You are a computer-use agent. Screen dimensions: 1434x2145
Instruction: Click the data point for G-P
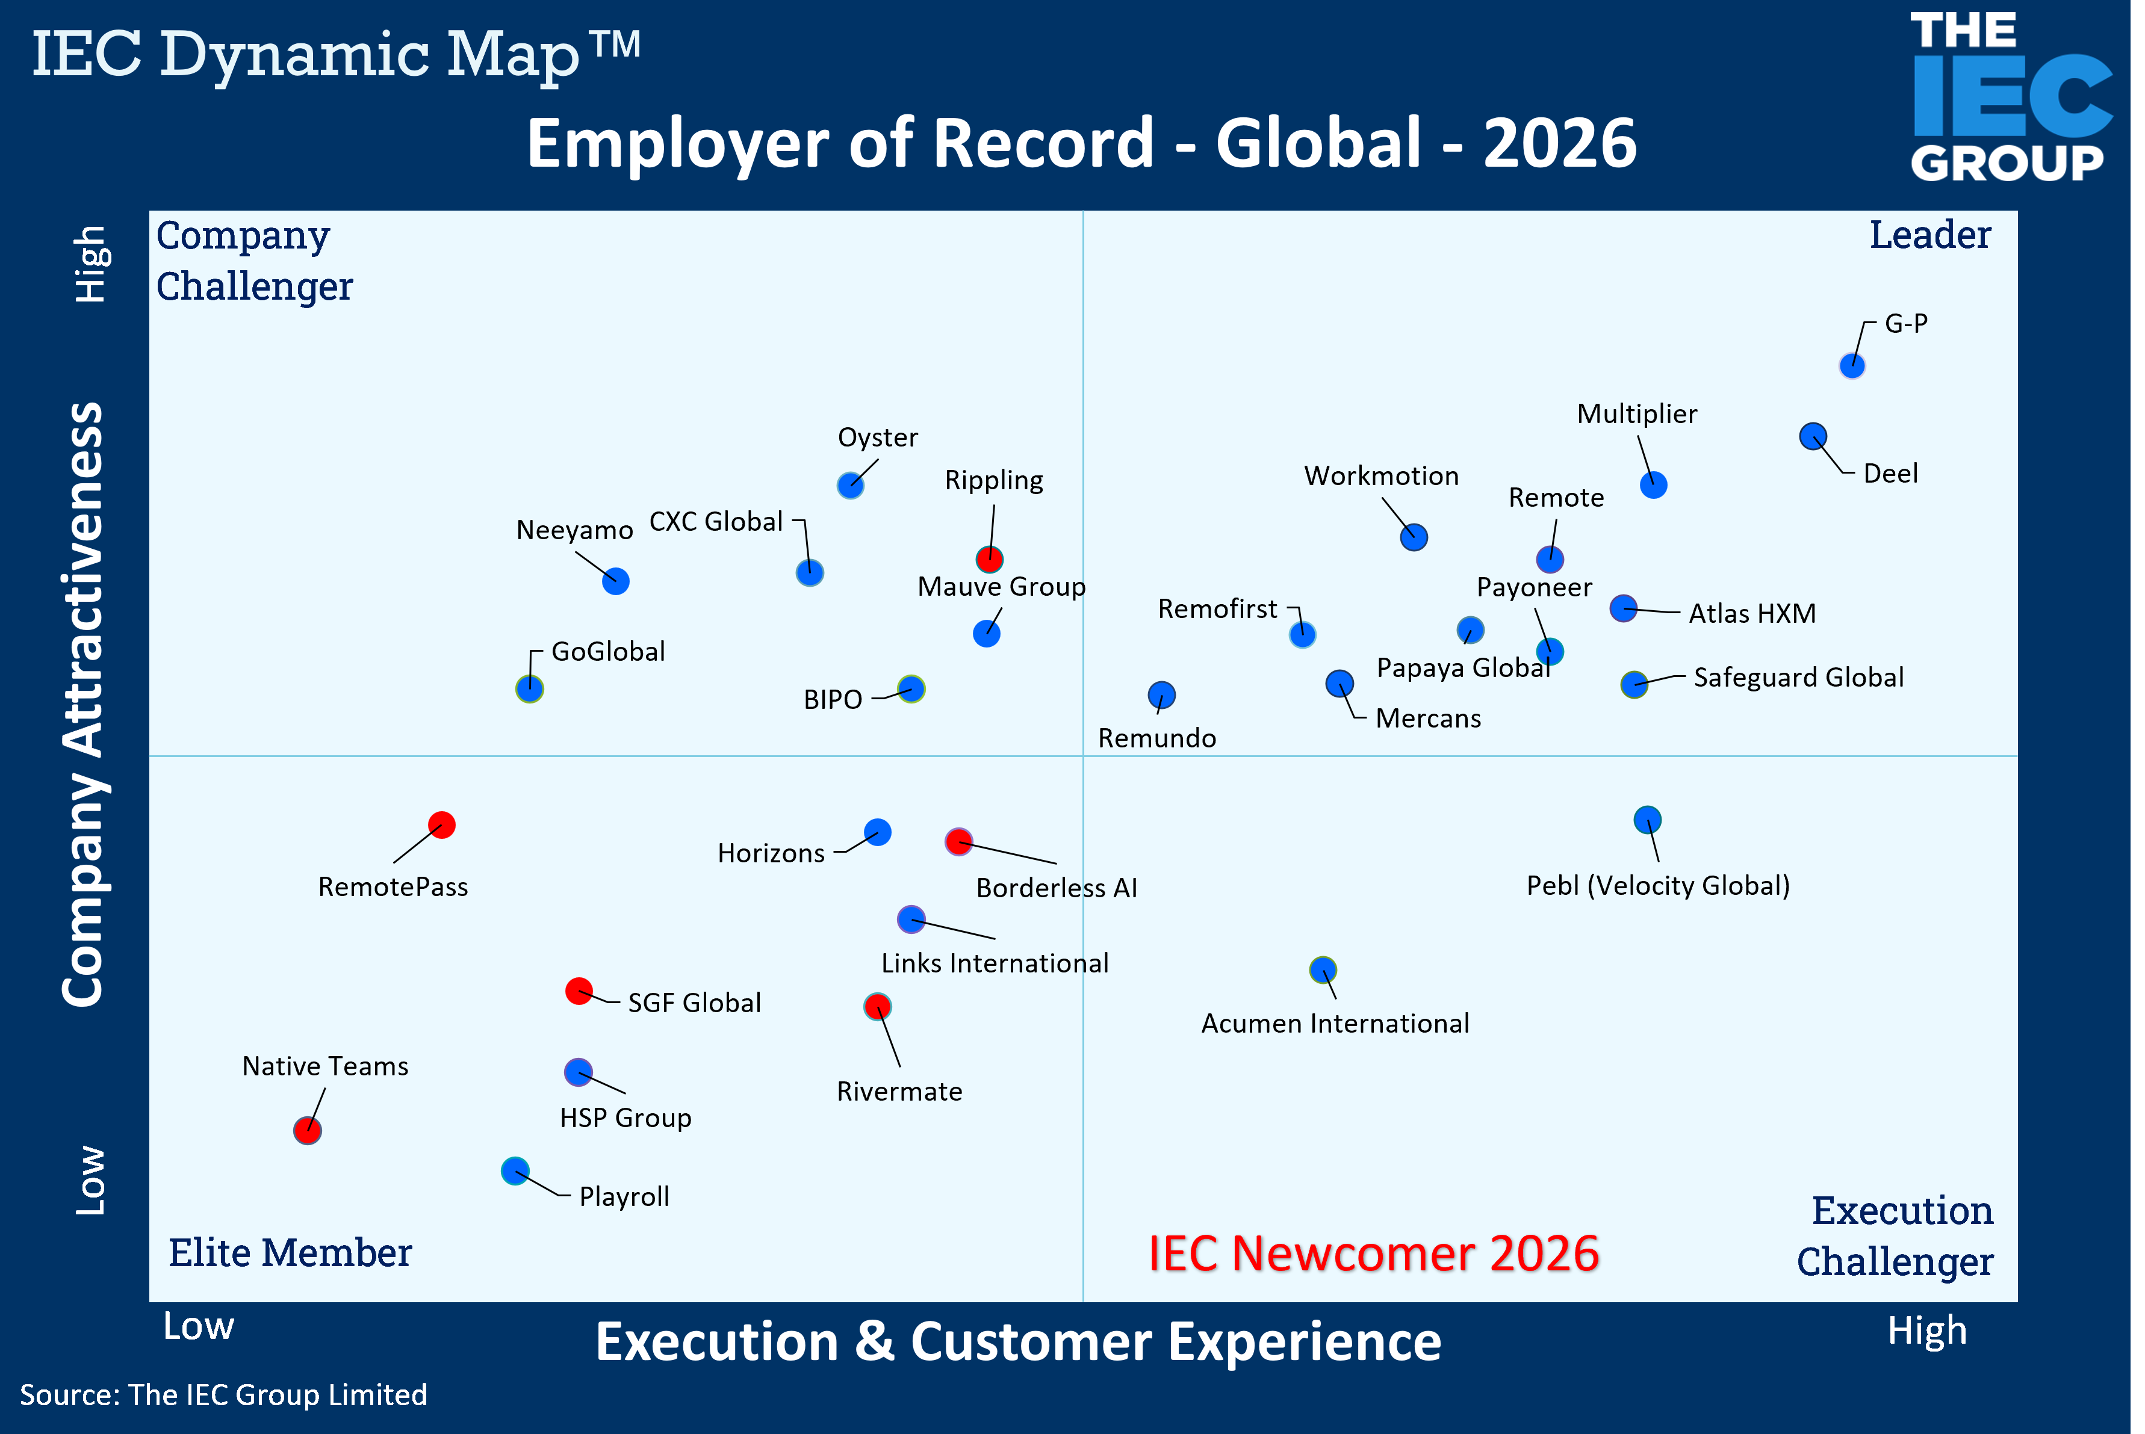[1851, 366]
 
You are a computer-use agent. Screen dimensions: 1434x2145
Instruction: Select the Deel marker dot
[1813, 436]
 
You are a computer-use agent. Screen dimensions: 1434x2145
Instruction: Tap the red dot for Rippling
[989, 559]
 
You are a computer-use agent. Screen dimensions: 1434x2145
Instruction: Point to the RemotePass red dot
[442, 825]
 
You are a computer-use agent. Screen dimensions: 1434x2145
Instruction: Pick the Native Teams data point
[308, 1130]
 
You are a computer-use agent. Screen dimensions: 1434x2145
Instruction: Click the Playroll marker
[515, 1170]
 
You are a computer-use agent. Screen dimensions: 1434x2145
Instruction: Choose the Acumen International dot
[1323, 969]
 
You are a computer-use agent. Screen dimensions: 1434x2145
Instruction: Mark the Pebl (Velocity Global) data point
[1647, 820]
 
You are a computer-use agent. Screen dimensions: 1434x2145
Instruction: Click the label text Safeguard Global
[1798, 678]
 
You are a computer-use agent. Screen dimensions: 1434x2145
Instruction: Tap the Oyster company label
[877, 437]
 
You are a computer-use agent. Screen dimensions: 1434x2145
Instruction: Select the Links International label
[995, 963]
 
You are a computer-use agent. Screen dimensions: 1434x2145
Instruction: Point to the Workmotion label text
[1381, 475]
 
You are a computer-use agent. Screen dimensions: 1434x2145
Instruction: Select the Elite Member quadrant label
[290, 1253]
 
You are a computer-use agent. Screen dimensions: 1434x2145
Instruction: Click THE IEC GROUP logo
[2010, 97]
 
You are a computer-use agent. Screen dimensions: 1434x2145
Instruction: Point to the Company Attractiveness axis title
[82, 704]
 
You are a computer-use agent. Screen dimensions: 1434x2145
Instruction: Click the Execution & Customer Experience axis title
[1018, 1342]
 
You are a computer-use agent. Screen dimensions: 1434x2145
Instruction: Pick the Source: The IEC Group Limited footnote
[224, 1395]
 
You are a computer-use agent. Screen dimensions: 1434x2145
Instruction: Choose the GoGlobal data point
[530, 688]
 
